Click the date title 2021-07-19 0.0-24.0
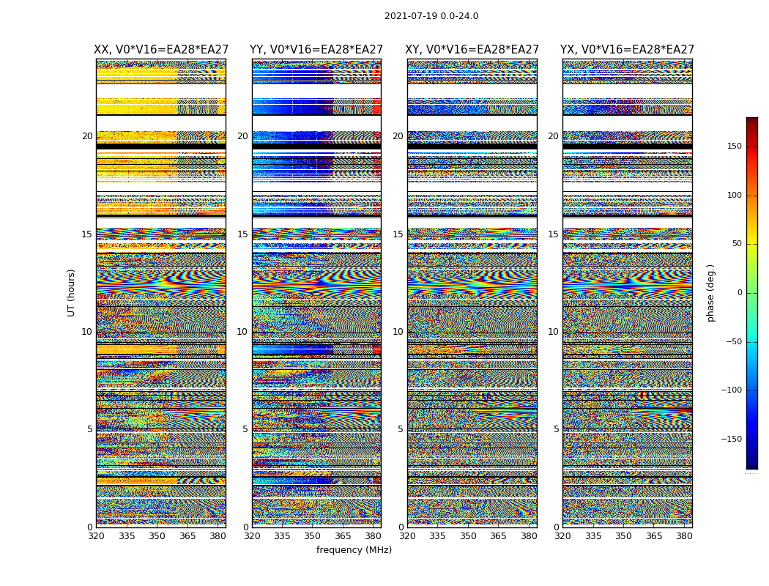tap(431, 16)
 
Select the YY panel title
tap(316, 50)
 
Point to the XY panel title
tap(472, 50)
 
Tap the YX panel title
tap(627, 50)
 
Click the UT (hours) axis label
tap(72, 292)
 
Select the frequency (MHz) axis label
tap(354, 550)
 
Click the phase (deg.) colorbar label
tap(710, 293)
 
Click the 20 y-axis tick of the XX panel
tap(87, 136)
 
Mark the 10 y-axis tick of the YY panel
tap(242, 332)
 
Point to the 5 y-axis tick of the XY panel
tap(401, 429)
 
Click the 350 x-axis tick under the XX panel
tap(157, 536)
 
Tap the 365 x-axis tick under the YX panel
tap(654, 536)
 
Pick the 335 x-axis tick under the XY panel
tap(438, 536)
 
